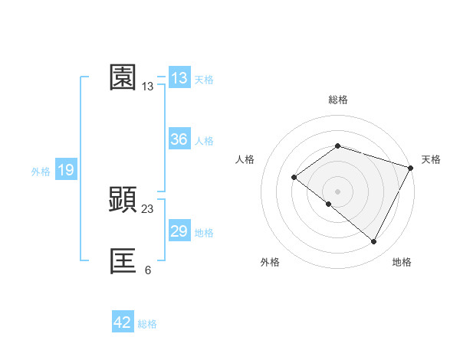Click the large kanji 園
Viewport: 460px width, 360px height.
tap(123, 77)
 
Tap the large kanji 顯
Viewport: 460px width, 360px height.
tap(123, 200)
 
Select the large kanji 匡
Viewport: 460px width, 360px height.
tap(123, 261)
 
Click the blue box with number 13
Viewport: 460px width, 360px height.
tap(179, 78)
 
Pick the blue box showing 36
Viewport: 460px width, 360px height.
tap(179, 139)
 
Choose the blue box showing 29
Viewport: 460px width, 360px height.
tap(179, 231)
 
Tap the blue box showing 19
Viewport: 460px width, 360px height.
tap(66, 170)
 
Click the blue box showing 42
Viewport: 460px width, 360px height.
tap(123, 322)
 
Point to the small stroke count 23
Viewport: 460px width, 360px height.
tap(148, 208)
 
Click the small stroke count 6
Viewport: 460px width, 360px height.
tap(148, 270)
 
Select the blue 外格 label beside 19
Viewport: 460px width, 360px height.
tap(41, 172)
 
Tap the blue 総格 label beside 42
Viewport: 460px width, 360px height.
tap(147, 324)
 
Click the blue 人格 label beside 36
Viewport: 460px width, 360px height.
tap(204, 141)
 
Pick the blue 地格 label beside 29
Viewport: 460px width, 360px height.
tap(204, 233)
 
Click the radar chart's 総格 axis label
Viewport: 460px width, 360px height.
tap(337, 100)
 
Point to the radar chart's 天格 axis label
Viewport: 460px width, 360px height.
tap(431, 159)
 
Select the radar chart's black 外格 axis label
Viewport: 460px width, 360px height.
tap(270, 262)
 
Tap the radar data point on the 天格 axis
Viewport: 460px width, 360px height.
tap(412, 168)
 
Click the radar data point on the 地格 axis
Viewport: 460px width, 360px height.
tap(374, 242)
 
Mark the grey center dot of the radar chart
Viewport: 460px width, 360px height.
tap(337, 191)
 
